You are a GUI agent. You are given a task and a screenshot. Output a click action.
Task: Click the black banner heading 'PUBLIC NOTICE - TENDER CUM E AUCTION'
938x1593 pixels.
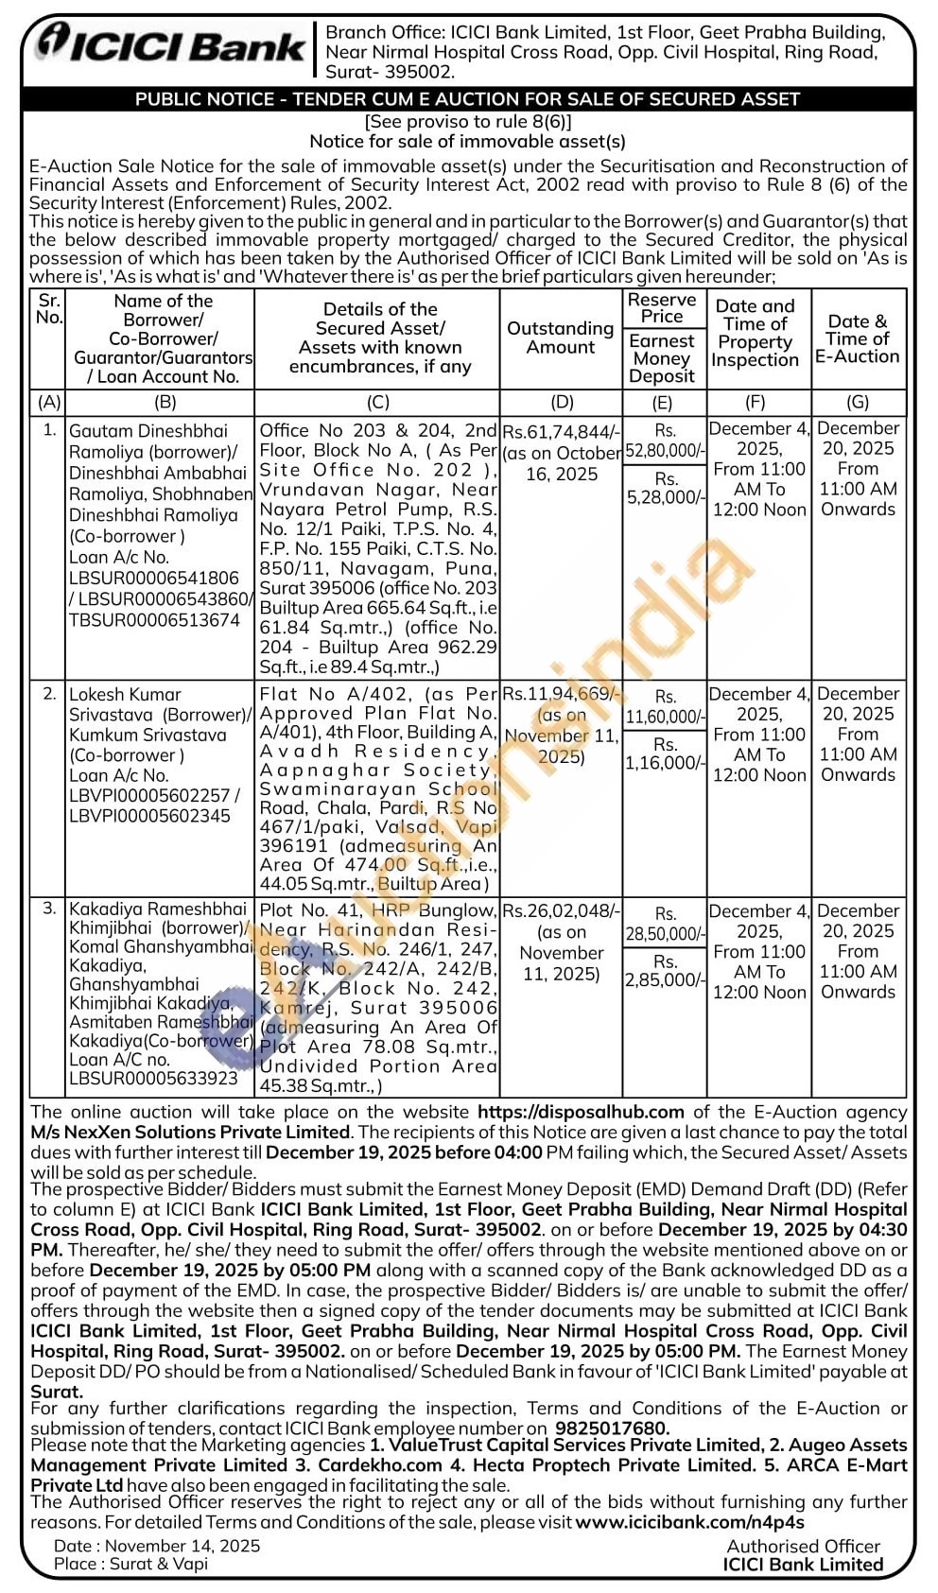click(x=467, y=98)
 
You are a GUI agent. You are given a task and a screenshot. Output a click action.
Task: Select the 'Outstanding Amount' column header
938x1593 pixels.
click(x=560, y=338)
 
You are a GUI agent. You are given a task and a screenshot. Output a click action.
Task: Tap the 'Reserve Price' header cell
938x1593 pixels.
click(x=662, y=308)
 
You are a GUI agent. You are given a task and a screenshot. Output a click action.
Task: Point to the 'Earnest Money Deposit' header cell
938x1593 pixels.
click(x=662, y=358)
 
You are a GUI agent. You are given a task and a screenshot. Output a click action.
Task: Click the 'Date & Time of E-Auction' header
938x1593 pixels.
click(x=858, y=338)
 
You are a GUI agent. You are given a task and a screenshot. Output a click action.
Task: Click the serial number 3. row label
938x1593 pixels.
click(x=49, y=909)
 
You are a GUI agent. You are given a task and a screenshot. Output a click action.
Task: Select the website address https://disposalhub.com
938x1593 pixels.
click(x=581, y=1112)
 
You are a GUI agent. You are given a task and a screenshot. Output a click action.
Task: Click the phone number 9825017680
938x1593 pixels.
click(x=611, y=1428)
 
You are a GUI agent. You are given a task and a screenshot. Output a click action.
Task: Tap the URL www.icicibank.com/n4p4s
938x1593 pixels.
click(x=689, y=1522)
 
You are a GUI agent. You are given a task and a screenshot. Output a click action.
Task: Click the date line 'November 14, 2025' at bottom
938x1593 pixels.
click(x=182, y=1546)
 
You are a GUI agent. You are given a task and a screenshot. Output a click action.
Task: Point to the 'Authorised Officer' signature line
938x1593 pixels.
click(x=803, y=1546)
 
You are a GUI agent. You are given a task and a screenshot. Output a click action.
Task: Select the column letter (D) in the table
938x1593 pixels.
click(x=561, y=402)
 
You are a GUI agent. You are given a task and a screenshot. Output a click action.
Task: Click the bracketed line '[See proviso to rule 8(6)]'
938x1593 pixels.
click(x=468, y=121)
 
